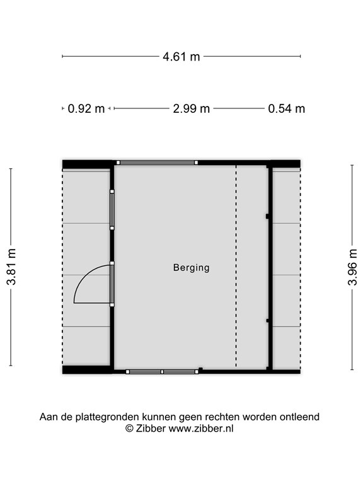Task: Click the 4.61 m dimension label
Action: point(181,57)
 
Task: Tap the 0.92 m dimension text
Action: point(86,108)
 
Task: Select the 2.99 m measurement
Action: point(192,108)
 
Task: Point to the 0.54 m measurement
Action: point(287,108)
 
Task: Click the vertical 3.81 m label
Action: point(11,267)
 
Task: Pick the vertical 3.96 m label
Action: point(352,267)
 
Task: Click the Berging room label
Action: point(192,268)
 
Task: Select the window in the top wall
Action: point(157,163)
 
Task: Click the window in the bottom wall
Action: point(162,372)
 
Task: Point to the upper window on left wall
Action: point(112,210)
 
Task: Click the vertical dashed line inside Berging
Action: point(236,266)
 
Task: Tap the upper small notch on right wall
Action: point(267,216)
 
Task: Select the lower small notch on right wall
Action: point(267,321)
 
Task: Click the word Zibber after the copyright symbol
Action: point(151,429)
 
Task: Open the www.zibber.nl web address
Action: point(200,429)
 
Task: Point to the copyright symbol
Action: point(129,429)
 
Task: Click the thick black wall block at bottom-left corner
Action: point(88,370)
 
